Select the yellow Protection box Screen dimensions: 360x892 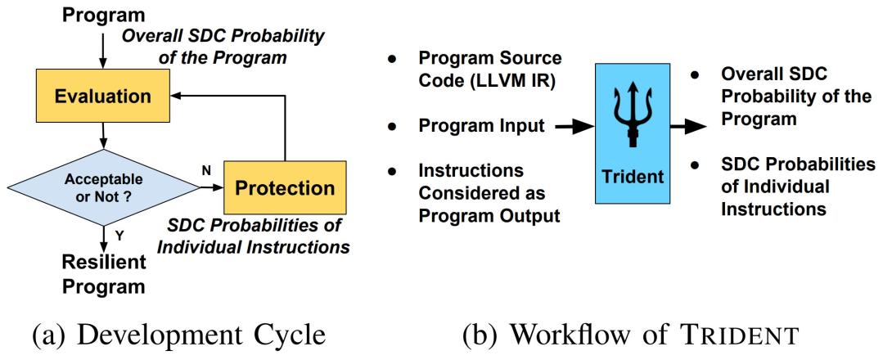click(x=284, y=188)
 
